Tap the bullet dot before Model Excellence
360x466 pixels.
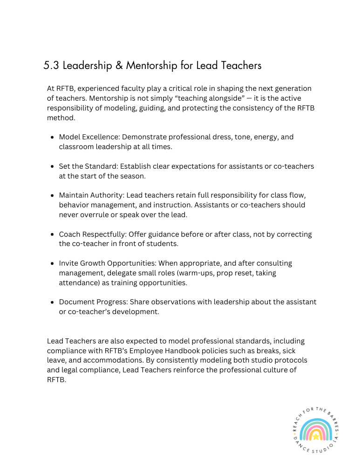[x=52, y=137]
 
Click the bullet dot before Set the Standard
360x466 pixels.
[x=52, y=166]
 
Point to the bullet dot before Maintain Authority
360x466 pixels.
[x=52, y=196]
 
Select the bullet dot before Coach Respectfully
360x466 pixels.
[x=52, y=234]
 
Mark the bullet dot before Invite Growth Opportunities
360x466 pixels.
[x=52, y=264]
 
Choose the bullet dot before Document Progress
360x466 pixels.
[x=52, y=302]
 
